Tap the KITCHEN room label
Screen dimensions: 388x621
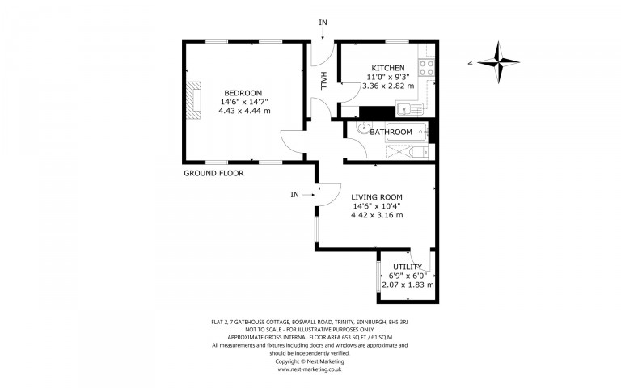coord(387,68)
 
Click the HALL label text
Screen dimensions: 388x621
coord(323,79)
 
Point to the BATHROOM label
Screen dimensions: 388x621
coord(391,132)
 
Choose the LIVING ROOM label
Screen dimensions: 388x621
coord(376,197)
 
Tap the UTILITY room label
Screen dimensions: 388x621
coord(408,267)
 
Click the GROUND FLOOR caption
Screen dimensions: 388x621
coord(213,173)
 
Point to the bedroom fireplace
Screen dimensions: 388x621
coord(193,99)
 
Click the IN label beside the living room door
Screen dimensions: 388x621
coord(295,194)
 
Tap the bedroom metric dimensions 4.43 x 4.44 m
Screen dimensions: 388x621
coord(243,111)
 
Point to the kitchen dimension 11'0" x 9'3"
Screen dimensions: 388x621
coord(387,77)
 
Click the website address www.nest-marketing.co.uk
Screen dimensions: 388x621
coord(310,369)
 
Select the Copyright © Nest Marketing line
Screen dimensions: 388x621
coord(310,361)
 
